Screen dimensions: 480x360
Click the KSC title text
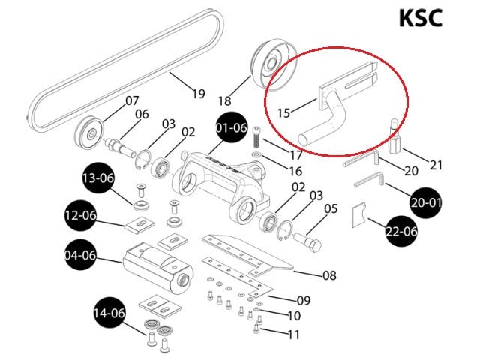point(421,18)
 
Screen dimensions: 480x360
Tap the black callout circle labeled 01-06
point(231,127)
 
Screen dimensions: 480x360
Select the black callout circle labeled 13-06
point(98,178)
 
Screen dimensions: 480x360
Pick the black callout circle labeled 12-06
point(80,215)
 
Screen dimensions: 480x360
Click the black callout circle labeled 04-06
point(80,255)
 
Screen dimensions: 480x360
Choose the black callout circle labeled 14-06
point(109,313)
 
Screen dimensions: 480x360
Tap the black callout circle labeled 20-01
point(425,202)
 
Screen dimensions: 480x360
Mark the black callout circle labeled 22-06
point(401,231)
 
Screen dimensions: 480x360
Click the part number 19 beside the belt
point(198,93)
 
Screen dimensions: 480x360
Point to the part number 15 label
point(283,113)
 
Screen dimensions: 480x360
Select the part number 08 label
point(330,275)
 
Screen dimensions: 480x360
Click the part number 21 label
point(436,165)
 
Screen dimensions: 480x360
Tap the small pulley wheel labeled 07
point(89,133)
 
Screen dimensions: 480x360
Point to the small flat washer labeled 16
point(256,154)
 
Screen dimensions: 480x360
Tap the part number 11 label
point(294,334)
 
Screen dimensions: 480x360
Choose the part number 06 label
point(142,114)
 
